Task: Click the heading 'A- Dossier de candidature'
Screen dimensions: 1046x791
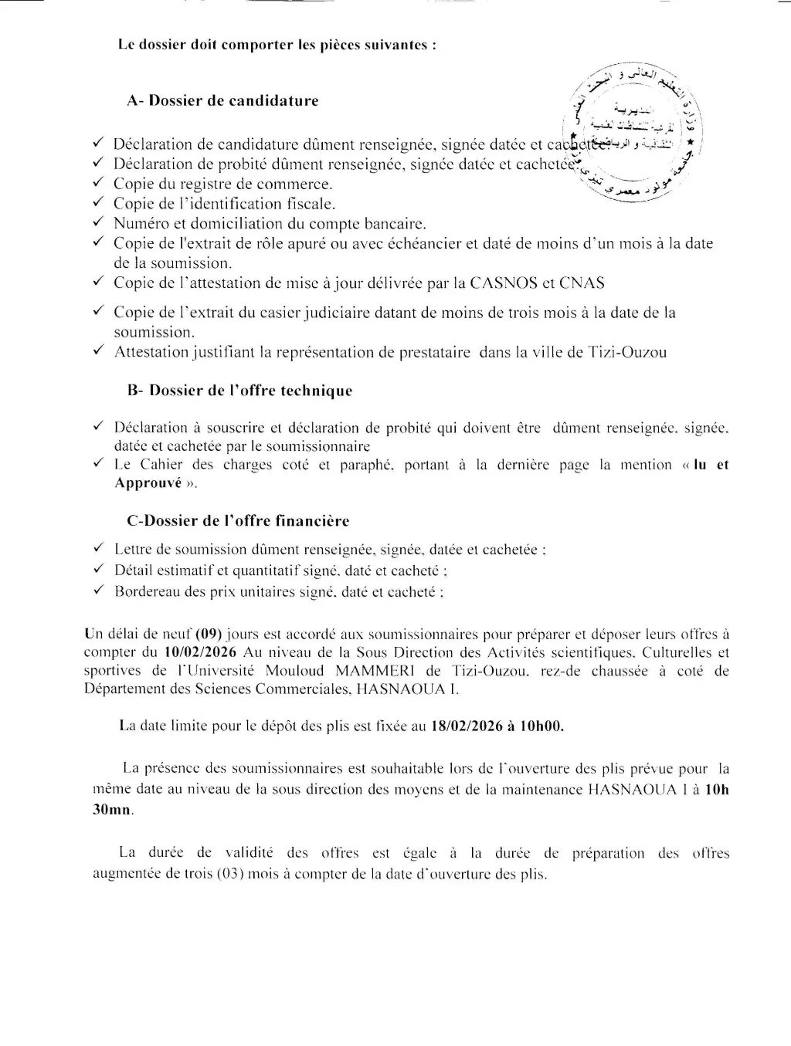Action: (222, 101)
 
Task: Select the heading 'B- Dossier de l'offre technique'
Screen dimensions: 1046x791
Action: (239, 391)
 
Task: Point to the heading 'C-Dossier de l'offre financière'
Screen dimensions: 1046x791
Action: (238, 521)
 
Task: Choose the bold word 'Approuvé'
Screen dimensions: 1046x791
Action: (148, 483)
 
